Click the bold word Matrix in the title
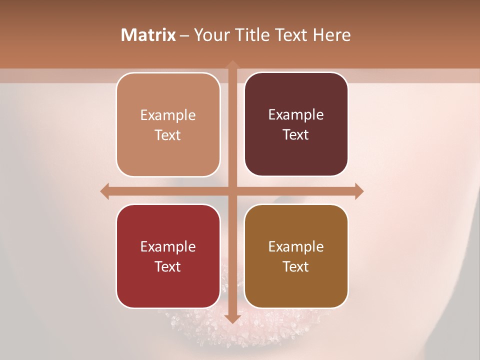click(x=148, y=35)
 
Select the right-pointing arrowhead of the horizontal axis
click(x=358, y=191)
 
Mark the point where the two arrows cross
click(x=232, y=191)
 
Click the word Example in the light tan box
click(x=168, y=115)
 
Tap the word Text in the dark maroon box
click(x=296, y=135)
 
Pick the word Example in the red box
click(x=168, y=246)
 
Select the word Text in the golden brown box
click(x=296, y=266)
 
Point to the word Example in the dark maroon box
click(x=296, y=115)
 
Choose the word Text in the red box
click(x=168, y=266)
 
